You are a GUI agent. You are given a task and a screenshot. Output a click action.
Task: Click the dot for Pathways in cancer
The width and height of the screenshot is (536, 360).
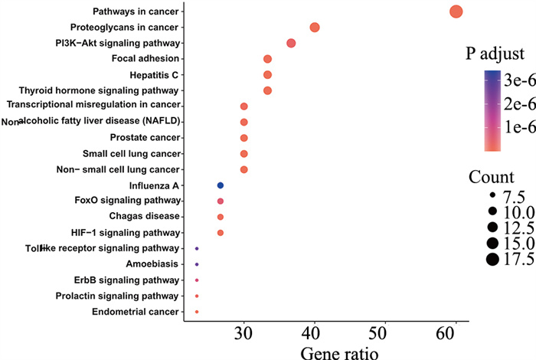coord(456,11)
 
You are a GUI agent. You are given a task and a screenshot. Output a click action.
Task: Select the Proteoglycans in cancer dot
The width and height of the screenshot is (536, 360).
coord(314,28)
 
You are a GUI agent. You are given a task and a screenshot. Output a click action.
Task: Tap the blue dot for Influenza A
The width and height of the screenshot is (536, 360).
coord(221,185)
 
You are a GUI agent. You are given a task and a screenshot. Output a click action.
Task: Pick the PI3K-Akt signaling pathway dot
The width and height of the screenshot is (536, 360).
coord(291,43)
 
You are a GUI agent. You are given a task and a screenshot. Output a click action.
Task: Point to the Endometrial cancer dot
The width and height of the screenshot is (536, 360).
coord(197,312)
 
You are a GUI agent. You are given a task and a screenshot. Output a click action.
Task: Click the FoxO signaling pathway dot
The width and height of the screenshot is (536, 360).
coord(221,201)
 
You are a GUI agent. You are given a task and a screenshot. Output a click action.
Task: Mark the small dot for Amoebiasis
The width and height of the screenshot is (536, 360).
coord(197,264)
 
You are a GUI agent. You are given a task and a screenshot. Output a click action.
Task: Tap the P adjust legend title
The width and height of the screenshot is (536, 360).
coord(495,54)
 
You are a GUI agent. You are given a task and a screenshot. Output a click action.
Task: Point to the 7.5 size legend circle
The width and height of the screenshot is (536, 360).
coord(492,196)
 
